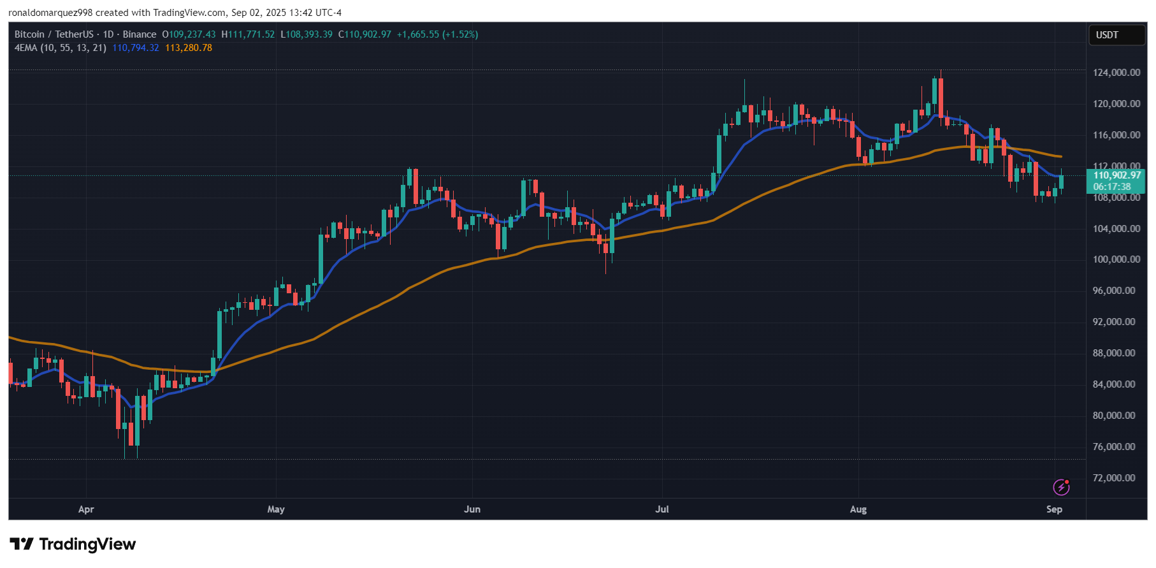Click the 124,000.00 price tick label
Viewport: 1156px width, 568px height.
pos(1116,73)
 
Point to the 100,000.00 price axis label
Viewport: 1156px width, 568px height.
pos(1116,259)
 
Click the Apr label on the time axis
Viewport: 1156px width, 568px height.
pos(86,509)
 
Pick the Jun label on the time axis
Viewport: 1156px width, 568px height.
pos(472,509)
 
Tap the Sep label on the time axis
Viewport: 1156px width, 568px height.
pos(1054,509)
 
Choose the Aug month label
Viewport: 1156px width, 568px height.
pos(858,509)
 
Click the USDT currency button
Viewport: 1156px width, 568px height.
pos(1107,35)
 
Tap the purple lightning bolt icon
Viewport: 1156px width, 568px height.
pos(1061,488)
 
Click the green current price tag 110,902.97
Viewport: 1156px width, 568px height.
pos(1116,175)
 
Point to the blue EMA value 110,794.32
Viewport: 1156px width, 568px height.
pos(136,48)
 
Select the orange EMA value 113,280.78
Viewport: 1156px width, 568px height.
pos(189,48)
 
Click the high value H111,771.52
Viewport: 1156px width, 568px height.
pos(248,34)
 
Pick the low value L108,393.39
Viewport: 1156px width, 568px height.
pos(307,34)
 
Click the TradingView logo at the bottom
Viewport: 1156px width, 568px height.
pos(73,544)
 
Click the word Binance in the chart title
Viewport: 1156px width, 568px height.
pos(140,34)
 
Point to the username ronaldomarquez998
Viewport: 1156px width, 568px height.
pos(50,13)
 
